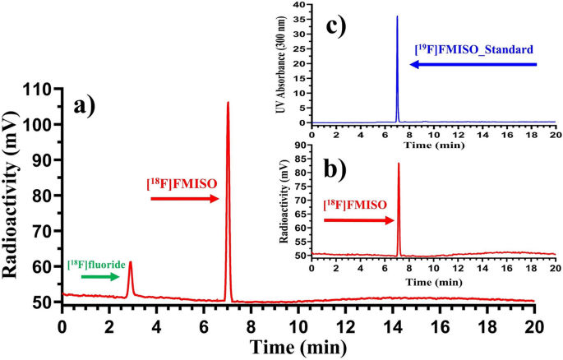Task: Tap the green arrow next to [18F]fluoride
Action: [99, 277]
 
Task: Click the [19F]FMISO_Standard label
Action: [476, 48]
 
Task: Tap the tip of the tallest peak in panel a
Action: [228, 103]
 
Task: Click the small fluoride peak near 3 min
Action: [130, 263]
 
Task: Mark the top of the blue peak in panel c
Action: [397, 16]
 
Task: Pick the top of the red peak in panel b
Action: [399, 164]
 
